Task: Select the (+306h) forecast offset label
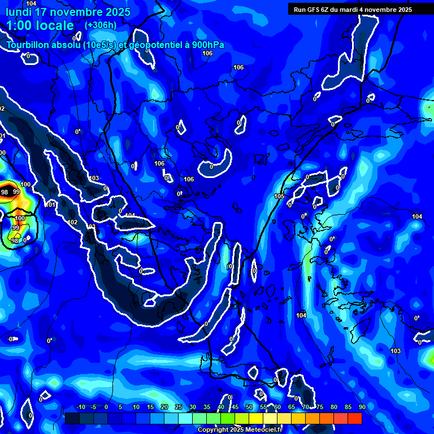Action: pyautogui.click(x=100, y=25)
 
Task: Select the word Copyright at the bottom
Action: pyautogui.click(x=212, y=430)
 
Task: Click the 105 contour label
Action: pyautogui.click(x=279, y=196)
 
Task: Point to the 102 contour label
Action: pyautogui.click(x=72, y=222)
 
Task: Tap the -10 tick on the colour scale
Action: pyautogui.click(x=80, y=407)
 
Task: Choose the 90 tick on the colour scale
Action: pyautogui.click(x=362, y=407)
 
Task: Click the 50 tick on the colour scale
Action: pyautogui.click(x=249, y=407)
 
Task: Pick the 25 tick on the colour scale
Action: pyautogui.click(x=178, y=407)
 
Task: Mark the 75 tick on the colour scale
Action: pyautogui.click(x=320, y=407)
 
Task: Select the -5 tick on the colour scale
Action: pyautogui.click(x=94, y=407)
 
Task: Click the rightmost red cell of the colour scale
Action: pyautogui.click(x=355, y=418)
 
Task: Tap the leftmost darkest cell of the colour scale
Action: pyautogui.click(x=72, y=418)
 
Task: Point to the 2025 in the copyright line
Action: pyautogui.click(x=235, y=430)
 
